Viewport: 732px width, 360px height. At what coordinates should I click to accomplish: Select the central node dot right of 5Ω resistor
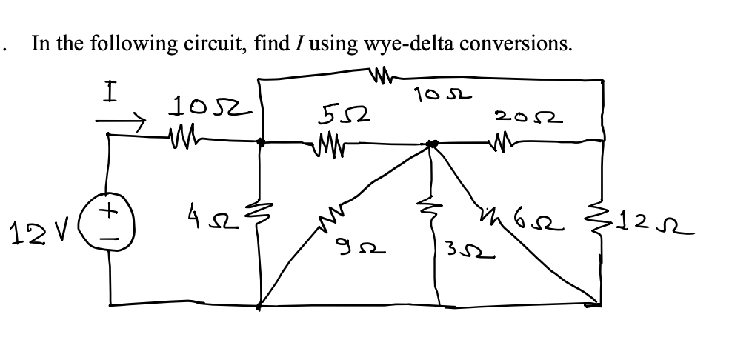pyautogui.click(x=433, y=143)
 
